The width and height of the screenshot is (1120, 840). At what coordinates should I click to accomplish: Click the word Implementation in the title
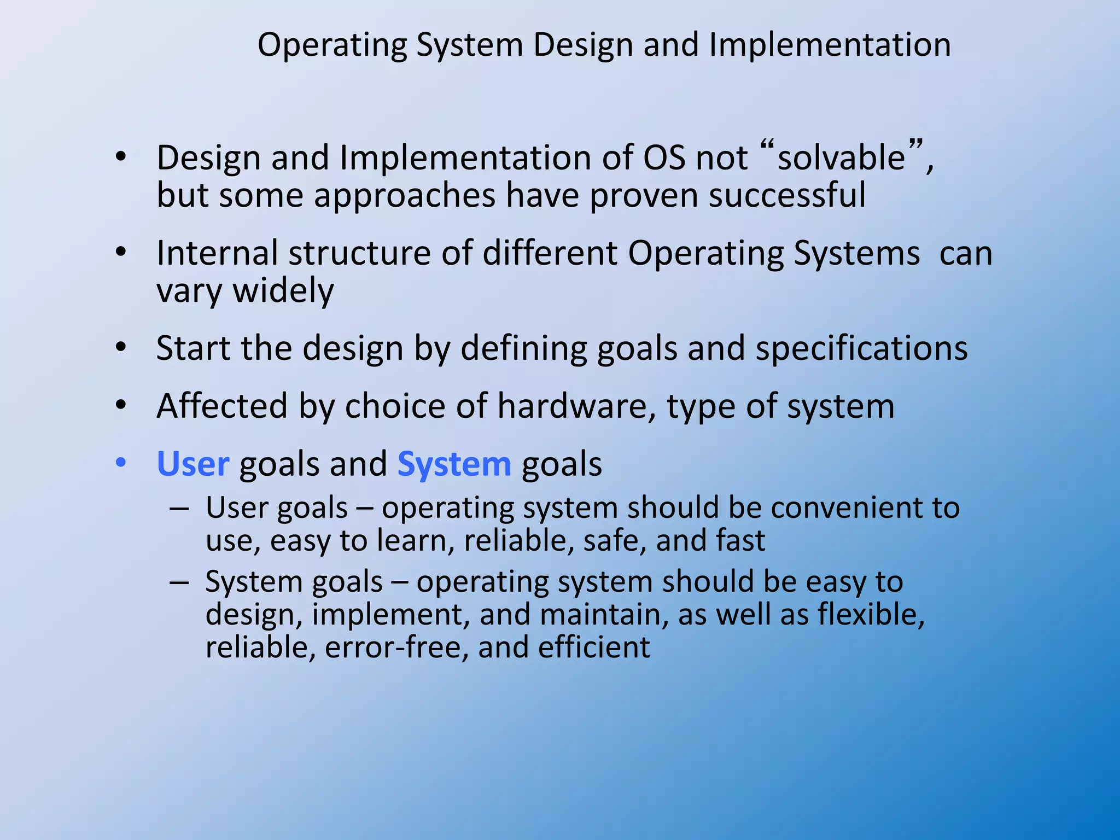click(x=830, y=45)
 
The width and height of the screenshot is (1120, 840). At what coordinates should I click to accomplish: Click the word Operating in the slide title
click(x=332, y=45)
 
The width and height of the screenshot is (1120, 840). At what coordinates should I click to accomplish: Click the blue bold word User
click(x=192, y=464)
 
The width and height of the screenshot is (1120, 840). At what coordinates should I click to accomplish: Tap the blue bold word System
click(x=454, y=464)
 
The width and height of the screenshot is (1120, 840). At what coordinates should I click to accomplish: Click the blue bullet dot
click(x=121, y=463)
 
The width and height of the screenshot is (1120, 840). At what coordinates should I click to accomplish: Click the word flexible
click(x=871, y=615)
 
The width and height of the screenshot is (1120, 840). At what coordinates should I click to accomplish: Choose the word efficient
click(x=594, y=647)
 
